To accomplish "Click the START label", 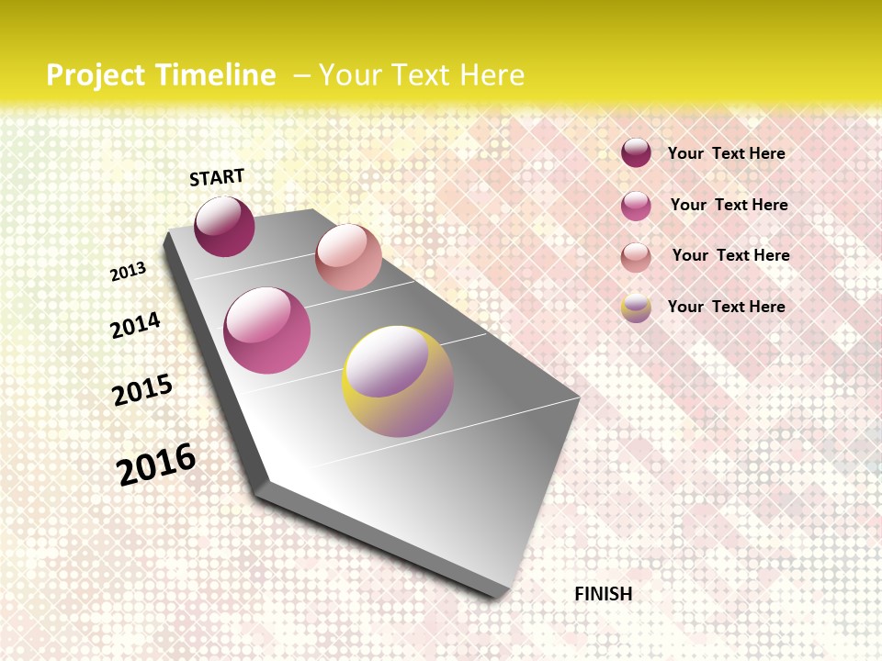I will (x=217, y=177).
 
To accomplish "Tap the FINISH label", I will (x=603, y=594).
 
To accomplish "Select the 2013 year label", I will (x=129, y=272).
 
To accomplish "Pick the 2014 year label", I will (x=136, y=325).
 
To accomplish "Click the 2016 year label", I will (x=156, y=464).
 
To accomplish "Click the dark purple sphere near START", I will (x=224, y=227).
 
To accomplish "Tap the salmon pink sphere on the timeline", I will (x=348, y=257).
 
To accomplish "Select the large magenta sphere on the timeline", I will (x=267, y=330).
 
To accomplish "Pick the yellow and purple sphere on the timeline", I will (x=398, y=381).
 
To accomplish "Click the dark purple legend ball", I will (x=636, y=152).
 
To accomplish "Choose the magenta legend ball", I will (x=636, y=206).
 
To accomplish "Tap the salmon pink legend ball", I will (x=636, y=257).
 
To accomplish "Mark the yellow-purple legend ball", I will (x=636, y=308).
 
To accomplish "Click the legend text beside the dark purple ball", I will (x=726, y=153).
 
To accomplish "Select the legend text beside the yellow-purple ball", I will (x=726, y=307).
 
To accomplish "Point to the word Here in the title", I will (x=491, y=75).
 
